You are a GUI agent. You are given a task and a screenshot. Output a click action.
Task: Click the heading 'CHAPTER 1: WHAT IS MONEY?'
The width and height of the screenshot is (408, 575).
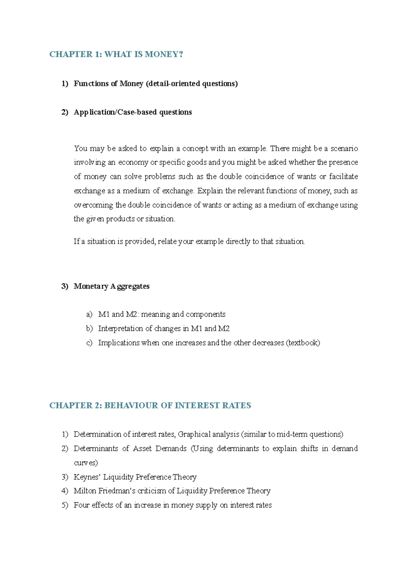click(116, 54)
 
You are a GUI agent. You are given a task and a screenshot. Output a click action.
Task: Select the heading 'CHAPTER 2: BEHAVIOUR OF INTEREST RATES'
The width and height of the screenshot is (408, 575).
click(150, 405)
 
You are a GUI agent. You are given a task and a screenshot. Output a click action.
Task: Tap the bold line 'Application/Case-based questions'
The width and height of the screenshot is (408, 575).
click(133, 112)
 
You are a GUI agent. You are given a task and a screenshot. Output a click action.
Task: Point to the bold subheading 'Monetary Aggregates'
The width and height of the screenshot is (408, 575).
click(112, 286)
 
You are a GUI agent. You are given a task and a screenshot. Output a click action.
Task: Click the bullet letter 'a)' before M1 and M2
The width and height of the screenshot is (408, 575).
click(89, 314)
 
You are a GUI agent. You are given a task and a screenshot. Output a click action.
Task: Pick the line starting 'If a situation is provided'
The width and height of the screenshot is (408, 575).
click(189, 241)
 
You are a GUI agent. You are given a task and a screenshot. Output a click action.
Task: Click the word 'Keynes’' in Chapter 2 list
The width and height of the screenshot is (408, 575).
click(87, 477)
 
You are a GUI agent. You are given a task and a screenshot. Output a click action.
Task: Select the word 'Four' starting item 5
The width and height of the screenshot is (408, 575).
click(81, 505)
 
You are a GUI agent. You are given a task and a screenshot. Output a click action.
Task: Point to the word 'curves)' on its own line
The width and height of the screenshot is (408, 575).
click(86, 463)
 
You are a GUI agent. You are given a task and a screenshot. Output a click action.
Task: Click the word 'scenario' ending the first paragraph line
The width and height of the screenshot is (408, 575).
click(344, 148)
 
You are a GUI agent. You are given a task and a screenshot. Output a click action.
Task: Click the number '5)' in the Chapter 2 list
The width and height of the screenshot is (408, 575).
click(65, 505)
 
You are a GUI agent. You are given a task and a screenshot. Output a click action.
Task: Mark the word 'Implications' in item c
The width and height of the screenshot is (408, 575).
click(119, 343)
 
